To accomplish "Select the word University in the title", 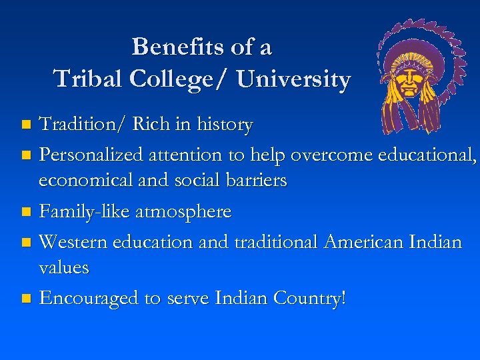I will click(293, 79).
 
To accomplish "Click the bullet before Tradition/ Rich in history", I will click(26, 125).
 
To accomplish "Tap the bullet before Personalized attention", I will click(26, 155).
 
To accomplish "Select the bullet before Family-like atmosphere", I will click(26, 213).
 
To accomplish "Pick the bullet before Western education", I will click(26, 242).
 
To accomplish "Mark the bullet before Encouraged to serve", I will click(26, 299).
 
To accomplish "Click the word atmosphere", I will click(183, 213).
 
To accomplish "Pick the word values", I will click(64, 267).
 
